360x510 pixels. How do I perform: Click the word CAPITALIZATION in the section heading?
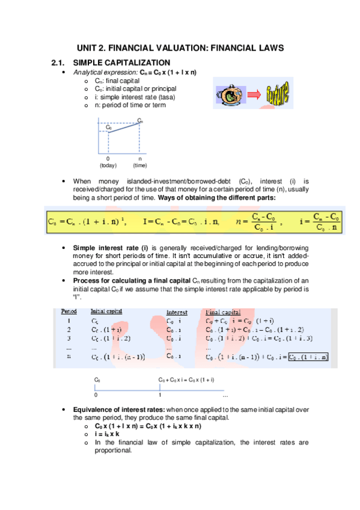(x=136, y=63)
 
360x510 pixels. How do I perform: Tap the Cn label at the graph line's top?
(x=140, y=120)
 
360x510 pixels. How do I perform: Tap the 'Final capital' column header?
(x=223, y=313)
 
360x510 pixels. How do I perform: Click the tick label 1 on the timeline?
(x=160, y=395)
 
